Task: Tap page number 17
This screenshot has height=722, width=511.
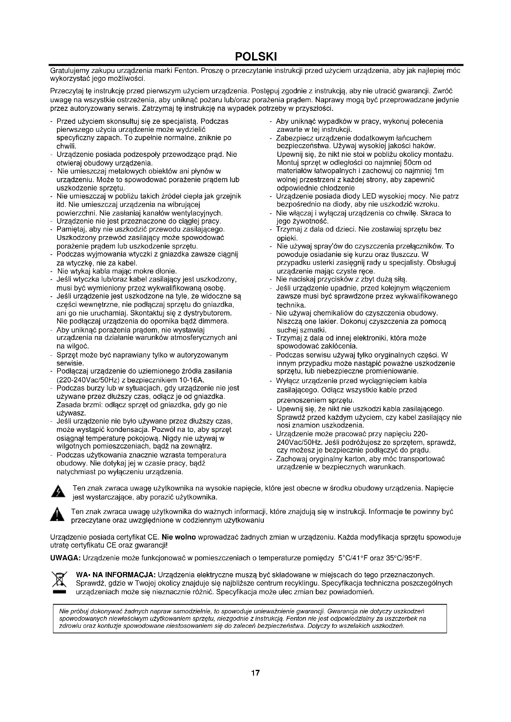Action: [255, 673]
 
